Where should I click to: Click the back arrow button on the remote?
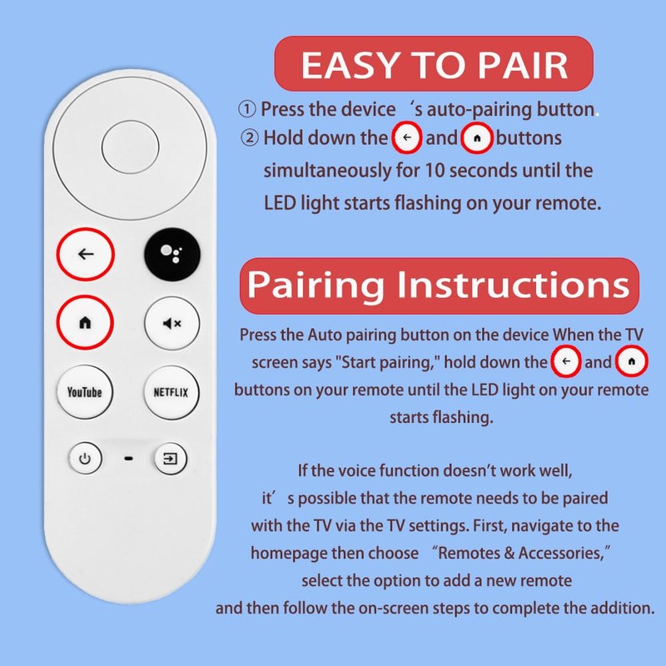point(85,254)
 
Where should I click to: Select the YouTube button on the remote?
point(85,391)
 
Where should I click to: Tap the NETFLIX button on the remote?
point(171,391)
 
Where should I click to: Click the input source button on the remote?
point(170,458)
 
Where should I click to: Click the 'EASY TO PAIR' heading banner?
point(434,65)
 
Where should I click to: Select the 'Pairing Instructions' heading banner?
point(439,284)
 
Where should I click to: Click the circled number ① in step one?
point(246,110)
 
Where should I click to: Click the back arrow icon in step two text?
point(406,138)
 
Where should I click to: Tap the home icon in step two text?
point(477,138)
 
